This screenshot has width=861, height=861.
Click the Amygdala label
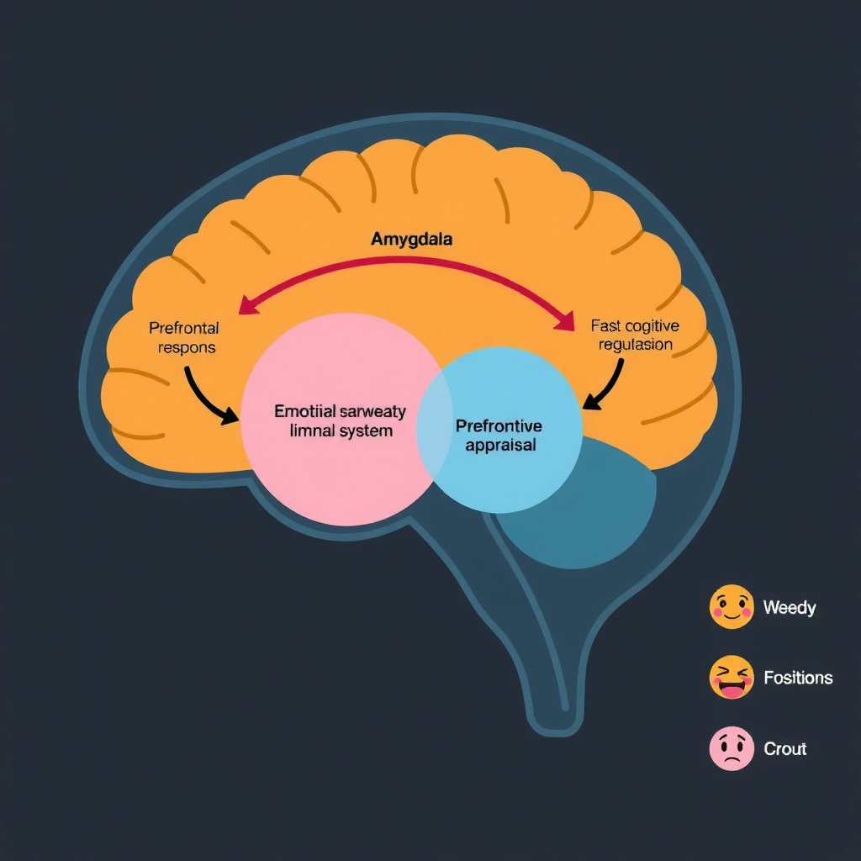(412, 240)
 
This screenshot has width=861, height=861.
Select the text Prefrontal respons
(184, 337)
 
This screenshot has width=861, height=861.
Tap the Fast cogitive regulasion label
(635, 335)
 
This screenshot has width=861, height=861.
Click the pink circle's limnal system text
(340, 431)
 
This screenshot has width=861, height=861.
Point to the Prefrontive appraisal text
(499, 436)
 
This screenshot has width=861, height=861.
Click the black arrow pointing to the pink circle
(210, 400)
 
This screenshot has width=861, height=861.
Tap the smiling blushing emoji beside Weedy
(732, 607)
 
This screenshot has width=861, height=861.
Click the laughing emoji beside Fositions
(732, 678)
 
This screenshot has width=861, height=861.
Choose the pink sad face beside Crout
(732, 748)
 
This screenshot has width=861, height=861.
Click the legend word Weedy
(790, 607)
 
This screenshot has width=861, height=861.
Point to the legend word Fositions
(798, 678)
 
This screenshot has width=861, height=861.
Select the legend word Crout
(785, 748)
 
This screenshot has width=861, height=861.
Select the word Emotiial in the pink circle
(306, 412)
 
